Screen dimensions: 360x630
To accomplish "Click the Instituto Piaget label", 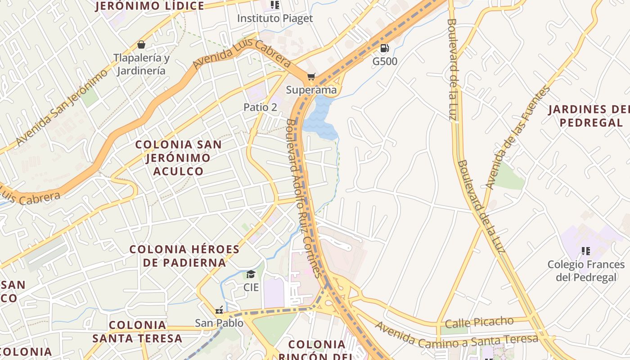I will coord(274,18).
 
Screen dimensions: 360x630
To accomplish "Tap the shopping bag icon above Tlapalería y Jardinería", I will coord(141,45).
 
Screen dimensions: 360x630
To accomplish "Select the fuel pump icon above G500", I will coord(385,48).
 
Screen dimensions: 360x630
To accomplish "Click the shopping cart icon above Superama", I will coord(311,77).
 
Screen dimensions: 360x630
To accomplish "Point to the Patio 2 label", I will coord(260,107).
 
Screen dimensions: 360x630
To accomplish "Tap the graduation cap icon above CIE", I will coord(251,274).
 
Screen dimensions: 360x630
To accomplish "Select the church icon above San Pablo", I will coord(219,310).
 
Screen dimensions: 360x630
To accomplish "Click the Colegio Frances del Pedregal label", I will coord(586,270).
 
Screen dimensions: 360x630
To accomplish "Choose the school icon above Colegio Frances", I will coord(585,251).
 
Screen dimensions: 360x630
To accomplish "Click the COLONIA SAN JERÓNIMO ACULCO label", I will coord(179,157).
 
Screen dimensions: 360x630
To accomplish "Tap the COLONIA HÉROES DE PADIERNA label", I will coord(184,256).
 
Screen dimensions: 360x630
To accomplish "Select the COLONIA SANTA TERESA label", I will coord(138,331).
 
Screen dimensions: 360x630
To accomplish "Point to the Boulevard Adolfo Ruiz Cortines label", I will coord(304,198).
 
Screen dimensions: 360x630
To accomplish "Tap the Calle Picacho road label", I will coord(479,322).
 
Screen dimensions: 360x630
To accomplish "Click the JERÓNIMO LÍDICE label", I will coord(150,6).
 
